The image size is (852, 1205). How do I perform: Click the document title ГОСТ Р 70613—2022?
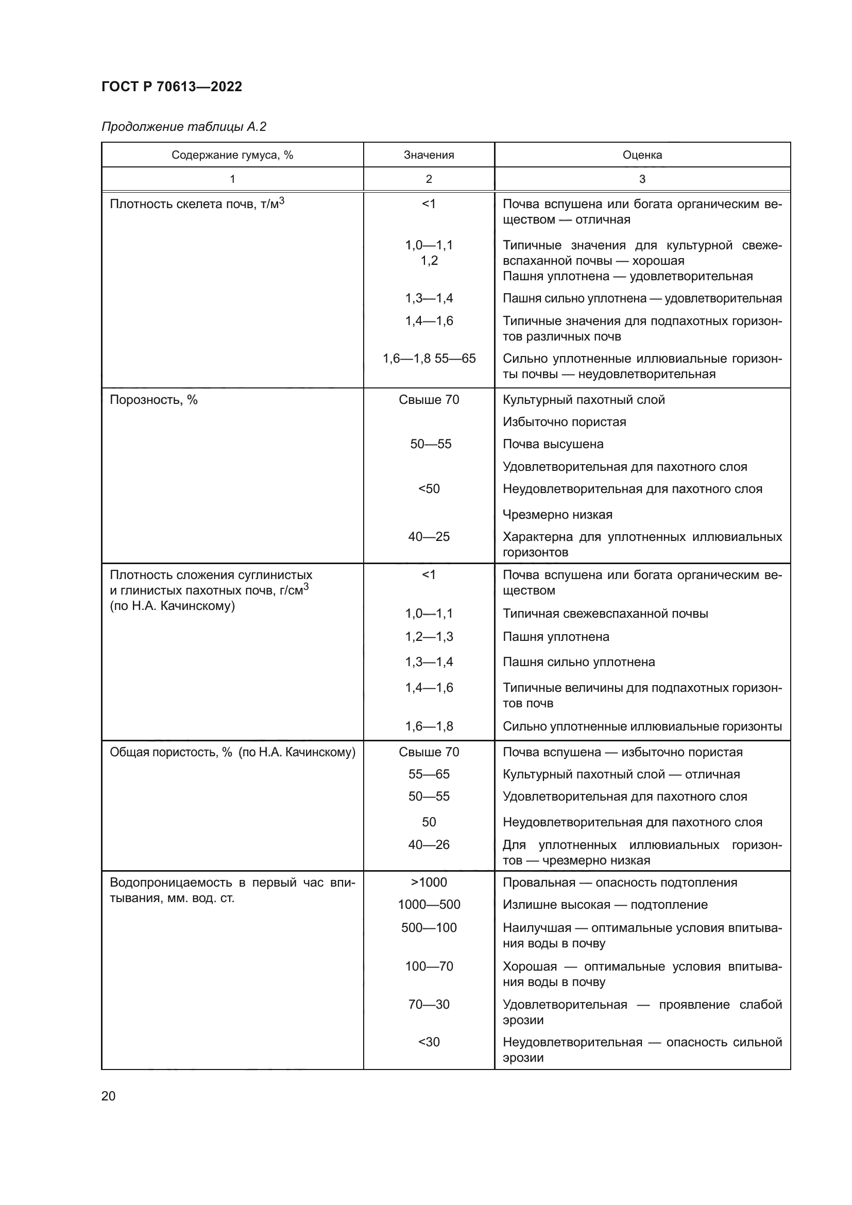tap(172, 87)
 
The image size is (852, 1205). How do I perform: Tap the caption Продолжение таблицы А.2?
tap(183, 127)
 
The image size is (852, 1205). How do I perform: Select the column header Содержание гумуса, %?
tap(232, 155)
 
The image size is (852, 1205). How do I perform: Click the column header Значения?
tap(429, 155)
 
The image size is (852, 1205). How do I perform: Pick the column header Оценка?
tap(642, 155)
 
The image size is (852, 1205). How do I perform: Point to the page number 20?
tap(108, 1096)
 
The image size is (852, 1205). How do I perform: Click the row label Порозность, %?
tap(153, 400)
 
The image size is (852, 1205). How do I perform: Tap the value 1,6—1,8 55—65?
tap(429, 359)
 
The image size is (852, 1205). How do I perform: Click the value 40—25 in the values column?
tap(429, 537)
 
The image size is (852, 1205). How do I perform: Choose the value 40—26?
tap(429, 844)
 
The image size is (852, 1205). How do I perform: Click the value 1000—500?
tap(429, 904)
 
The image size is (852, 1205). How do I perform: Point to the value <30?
tap(429, 1042)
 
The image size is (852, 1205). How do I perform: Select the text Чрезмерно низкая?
tap(557, 514)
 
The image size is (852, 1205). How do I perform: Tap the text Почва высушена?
tap(553, 444)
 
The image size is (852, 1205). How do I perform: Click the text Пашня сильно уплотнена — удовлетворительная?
tap(642, 299)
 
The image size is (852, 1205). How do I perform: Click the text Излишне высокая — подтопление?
tap(605, 904)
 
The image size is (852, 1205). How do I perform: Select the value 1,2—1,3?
tap(429, 637)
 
